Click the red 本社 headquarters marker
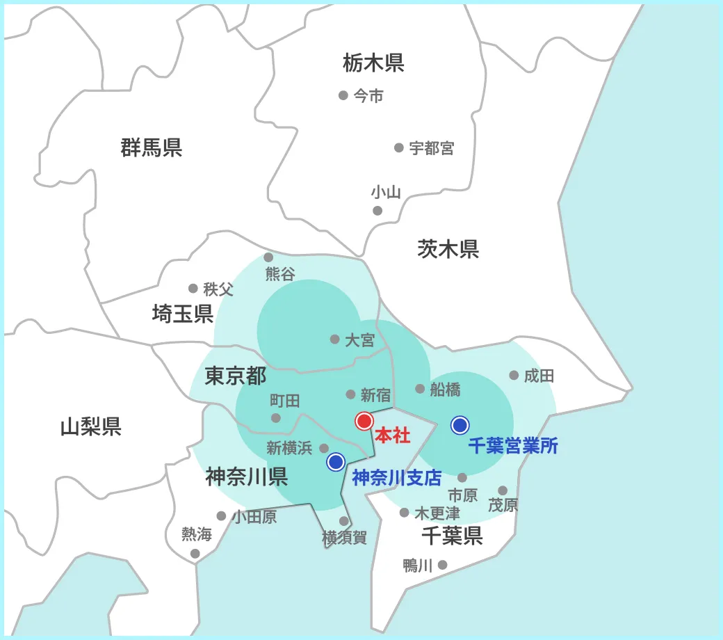point(364,421)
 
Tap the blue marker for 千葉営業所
point(460,424)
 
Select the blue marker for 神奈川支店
point(336,461)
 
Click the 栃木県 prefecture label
point(373,63)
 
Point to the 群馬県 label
point(151,147)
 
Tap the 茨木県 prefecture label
point(448,248)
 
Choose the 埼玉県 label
point(182,314)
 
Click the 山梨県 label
point(90,426)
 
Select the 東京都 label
point(235,376)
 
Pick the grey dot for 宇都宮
point(399,147)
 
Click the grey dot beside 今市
point(343,95)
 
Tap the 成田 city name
point(539,376)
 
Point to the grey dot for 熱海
point(195,554)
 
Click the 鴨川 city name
point(417,566)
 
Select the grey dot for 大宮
point(334,339)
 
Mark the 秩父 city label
point(218,289)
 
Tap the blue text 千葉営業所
point(512,447)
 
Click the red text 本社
point(392,437)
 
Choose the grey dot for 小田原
point(221,516)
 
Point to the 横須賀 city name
point(344,538)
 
